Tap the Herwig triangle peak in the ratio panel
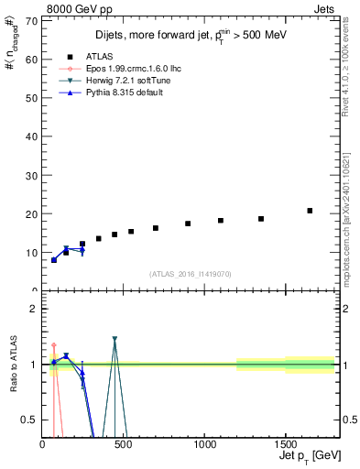[115, 339]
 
